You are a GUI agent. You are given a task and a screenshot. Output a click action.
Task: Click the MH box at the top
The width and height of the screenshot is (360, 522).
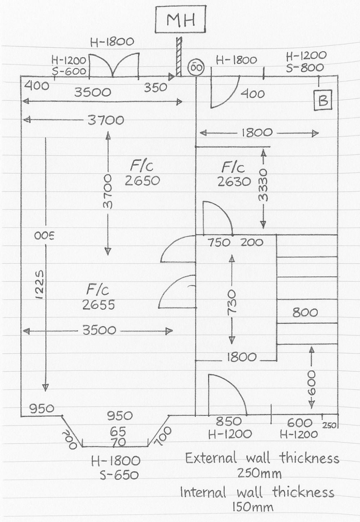(180, 20)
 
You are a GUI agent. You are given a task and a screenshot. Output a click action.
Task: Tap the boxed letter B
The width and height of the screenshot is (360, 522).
(323, 100)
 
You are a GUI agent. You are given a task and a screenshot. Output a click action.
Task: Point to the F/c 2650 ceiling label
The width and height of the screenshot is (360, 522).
(142, 173)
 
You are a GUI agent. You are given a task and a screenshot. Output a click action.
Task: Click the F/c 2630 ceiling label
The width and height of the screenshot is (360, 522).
(234, 174)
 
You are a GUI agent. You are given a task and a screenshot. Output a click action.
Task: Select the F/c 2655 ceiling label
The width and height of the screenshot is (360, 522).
(98, 297)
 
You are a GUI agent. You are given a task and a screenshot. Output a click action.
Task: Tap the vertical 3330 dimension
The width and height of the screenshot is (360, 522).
(263, 189)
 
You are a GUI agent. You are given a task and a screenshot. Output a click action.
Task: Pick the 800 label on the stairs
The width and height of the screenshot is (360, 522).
(305, 312)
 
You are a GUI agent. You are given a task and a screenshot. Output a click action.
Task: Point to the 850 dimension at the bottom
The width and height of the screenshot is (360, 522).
(229, 421)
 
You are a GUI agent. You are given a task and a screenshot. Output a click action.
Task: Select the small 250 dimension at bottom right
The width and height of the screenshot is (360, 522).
(329, 425)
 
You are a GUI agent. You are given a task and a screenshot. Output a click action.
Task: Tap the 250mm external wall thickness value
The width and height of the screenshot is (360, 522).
(259, 473)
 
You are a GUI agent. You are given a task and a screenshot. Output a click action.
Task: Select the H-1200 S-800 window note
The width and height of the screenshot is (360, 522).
(306, 62)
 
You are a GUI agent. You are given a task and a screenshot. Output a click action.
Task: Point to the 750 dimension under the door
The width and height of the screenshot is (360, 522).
(219, 242)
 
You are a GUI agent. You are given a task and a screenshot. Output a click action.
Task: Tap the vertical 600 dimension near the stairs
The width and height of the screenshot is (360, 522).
(311, 383)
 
